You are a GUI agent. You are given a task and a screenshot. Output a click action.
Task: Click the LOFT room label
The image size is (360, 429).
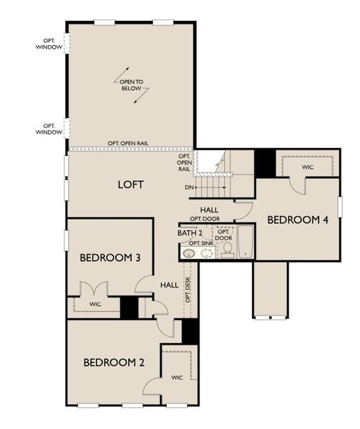131,184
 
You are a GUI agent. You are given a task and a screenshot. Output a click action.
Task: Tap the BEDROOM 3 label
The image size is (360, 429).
109,257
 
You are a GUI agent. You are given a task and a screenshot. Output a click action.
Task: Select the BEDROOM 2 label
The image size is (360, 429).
114,363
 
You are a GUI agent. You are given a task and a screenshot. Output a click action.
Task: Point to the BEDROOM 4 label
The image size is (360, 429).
298,220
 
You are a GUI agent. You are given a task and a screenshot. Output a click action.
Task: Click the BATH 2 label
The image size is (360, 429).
190,233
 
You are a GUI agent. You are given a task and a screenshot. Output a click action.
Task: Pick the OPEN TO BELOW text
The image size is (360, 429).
131,87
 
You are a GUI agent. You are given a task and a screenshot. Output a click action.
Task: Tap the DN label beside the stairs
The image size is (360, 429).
189,187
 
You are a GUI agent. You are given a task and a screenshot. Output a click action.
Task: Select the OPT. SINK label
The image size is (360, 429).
200,243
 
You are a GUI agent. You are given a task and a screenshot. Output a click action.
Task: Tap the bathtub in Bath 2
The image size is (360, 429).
245,243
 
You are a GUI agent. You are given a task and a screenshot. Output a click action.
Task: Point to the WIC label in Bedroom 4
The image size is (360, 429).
308,167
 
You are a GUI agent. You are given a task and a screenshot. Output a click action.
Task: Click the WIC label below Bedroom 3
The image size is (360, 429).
95,305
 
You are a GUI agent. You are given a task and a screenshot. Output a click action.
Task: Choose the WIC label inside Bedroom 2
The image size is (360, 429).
176,377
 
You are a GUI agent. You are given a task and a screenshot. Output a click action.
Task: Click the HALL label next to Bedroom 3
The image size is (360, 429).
170,285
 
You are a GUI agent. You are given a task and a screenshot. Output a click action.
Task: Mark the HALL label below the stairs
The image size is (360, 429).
209,209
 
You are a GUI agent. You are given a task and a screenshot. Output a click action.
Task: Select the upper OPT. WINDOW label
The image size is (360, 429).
49,44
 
